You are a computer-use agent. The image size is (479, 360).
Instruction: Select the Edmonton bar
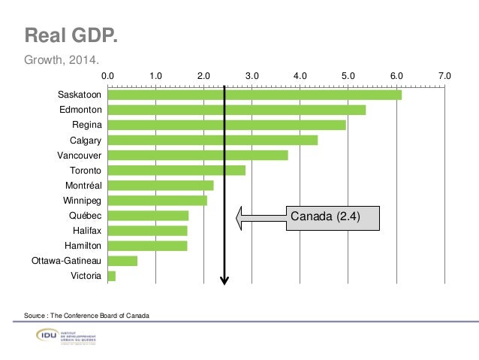point(236,110)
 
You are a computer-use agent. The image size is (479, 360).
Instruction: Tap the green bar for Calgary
point(212,140)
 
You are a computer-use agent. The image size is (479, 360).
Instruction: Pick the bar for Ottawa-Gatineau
point(122,261)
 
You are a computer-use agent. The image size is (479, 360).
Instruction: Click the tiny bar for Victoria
point(111,276)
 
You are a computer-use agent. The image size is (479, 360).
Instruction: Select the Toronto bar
point(176,170)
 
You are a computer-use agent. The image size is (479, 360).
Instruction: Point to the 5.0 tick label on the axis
point(348,76)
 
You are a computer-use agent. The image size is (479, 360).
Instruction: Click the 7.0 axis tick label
point(444,76)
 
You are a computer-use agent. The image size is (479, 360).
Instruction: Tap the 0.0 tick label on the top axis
point(107,76)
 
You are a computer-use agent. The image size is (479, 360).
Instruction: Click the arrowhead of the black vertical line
point(224,281)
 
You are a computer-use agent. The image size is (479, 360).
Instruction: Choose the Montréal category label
point(83,185)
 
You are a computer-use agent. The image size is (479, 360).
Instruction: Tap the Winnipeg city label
point(81,201)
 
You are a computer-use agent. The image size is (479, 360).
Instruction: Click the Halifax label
point(86,231)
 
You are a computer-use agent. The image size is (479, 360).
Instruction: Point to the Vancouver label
point(79,155)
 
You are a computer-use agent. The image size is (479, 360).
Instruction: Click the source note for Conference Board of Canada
point(86,314)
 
